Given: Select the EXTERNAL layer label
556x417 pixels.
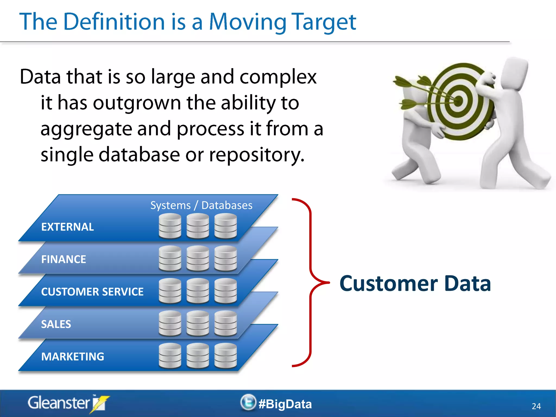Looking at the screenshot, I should tap(68, 227).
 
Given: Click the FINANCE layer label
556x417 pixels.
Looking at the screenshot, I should tap(64, 259).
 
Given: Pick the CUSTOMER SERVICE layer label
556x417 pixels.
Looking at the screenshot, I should tap(92, 292).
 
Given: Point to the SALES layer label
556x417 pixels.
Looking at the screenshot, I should tap(56, 324).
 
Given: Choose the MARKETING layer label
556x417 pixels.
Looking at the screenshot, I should tap(72, 357).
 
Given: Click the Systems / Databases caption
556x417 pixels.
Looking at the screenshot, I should tap(201, 206).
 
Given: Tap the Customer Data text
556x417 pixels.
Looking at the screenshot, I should tap(415, 283).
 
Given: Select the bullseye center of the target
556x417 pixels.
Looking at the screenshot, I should tap(458, 101).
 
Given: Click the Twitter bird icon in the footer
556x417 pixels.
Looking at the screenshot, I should tap(248, 402).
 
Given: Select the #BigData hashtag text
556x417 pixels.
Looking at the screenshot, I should tap(285, 404).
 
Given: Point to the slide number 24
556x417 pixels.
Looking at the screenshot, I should tap(536, 406).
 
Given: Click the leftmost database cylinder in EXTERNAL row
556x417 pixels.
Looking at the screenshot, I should tap(170, 226).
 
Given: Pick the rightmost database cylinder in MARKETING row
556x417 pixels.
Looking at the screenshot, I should tap(226, 356).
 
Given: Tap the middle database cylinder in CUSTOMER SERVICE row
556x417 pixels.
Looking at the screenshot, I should tap(198, 291).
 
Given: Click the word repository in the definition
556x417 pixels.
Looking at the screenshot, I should tap(257, 155).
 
